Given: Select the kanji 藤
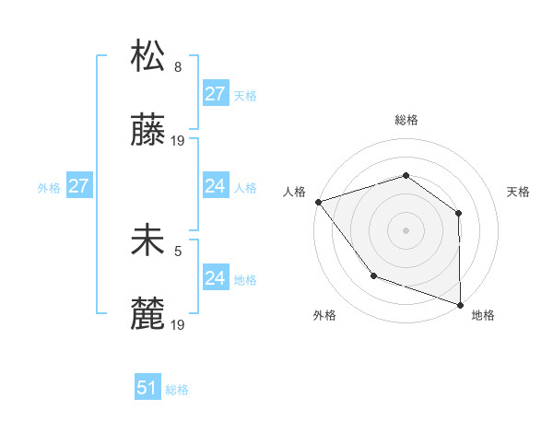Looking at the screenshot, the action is [x=148, y=132].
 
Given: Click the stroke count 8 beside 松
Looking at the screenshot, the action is [x=178, y=66].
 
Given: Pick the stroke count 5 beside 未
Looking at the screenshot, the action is [x=178, y=250].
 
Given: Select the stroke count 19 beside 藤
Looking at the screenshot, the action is [x=179, y=141].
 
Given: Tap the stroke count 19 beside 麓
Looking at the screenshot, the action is [x=179, y=325].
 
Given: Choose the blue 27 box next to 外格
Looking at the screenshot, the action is [x=78, y=186].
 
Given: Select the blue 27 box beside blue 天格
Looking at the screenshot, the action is [x=215, y=94].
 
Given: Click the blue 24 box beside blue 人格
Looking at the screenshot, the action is [x=215, y=186].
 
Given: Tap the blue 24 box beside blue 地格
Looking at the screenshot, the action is [x=215, y=278].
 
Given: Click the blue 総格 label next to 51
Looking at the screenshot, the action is [x=177, y=390].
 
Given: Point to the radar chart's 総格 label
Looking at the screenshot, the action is [x=406, y=120].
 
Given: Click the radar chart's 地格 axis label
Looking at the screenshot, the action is [x=483, y=315].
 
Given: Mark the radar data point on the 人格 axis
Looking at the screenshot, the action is [x=318, y=202].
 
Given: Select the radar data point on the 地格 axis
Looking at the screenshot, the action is [x=460, y=304].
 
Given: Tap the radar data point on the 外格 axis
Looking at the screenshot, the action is [x=373, y=275].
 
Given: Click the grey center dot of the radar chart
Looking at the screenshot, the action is [x=406, y=230].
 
